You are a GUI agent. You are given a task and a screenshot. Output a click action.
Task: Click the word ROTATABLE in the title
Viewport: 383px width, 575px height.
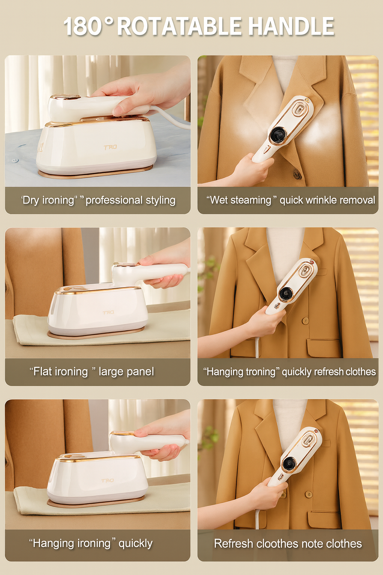(180, 27)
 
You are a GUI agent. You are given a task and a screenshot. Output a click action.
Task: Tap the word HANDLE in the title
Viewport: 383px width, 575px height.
(291, 27)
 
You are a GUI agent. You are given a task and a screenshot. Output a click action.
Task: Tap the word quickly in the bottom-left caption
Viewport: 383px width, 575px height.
(135, 543)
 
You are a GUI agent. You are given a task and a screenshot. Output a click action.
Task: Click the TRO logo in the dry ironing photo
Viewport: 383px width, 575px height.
(110, 147)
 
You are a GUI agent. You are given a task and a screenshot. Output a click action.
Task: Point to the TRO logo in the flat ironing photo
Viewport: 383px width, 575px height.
(108, 312)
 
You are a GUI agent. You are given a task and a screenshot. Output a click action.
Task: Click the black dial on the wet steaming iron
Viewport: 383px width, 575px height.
(278, 134)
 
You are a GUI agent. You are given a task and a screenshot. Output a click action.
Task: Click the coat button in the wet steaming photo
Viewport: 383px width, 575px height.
(297, 174)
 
